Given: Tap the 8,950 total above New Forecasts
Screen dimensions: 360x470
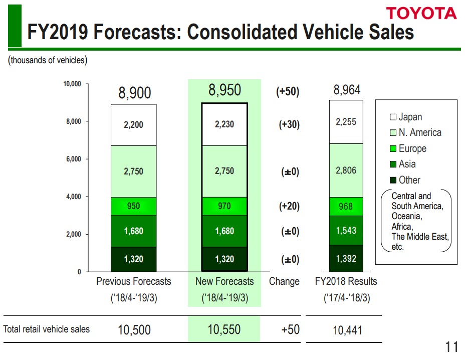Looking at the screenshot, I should [x=224, y=90].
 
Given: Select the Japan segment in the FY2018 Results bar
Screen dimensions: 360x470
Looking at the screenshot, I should [x=346, y=121].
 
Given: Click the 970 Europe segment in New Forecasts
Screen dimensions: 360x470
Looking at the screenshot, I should [x=224, y=206].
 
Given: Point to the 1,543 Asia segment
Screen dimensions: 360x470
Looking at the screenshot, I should [x=346, y=230].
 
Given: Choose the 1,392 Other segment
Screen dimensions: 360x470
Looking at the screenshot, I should [x=346, y=258].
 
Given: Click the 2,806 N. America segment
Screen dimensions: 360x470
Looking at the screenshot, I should [x=346, y=170].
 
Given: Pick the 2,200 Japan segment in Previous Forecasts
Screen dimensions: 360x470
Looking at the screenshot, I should [x=134, y=125].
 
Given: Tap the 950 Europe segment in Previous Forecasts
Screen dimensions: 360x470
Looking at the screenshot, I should [x=134, y=206].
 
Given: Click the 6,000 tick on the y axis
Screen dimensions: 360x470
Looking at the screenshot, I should [x=74, y=159].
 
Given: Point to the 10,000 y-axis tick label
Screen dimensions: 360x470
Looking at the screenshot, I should [x=72, y=84].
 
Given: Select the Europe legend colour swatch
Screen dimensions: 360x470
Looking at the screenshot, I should [x=393, y=149].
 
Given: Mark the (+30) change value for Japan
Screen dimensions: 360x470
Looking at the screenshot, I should [x=289, y=125].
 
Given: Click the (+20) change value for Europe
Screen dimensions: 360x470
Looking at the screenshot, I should [x=289, y=206].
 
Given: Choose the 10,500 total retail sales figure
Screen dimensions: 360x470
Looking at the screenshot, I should [x=134, y=330].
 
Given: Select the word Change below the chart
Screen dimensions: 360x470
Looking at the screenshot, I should [x=284, y=281].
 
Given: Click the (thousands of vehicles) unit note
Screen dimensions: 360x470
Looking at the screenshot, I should [x=47, y=60].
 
